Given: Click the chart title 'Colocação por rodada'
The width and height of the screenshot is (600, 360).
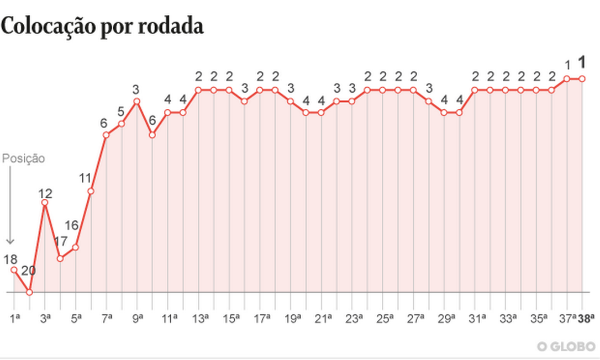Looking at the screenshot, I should click(102, 26).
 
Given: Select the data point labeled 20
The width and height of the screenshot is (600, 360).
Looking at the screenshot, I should click(30, 292).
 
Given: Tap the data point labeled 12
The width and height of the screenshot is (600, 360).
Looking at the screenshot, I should click(45, 203).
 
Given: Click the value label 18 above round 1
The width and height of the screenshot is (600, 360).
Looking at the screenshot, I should click(10, 259).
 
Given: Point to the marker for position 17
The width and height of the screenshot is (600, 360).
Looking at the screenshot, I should click(60, 258).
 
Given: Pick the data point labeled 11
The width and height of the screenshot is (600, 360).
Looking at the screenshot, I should click(91, 191).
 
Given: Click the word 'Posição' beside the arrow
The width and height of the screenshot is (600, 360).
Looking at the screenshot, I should click(23, 158).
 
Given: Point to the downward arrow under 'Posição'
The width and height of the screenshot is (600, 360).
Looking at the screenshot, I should click(9, 204).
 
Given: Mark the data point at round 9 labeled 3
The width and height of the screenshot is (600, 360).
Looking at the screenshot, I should click(137, 101).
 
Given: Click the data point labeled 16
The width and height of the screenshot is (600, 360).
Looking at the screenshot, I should click(76, 247).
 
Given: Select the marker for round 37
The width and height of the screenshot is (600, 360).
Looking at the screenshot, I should click(566, 78).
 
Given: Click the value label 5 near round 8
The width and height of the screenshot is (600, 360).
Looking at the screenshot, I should click(121, 111).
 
